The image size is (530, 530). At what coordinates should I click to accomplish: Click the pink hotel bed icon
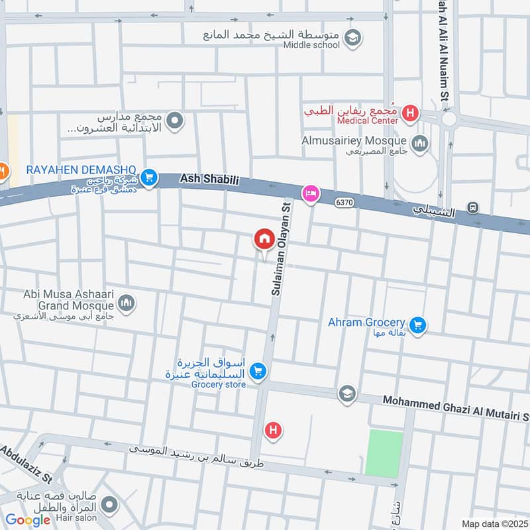(x=309, y=193)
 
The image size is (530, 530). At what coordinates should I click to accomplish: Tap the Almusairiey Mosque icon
(x=420, y=142)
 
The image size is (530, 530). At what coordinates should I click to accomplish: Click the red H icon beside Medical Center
(x=410, y=113)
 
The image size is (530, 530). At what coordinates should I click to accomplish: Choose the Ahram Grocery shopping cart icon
(x=417, y=325)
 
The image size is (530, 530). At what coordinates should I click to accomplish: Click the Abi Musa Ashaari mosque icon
(x=127, y=303)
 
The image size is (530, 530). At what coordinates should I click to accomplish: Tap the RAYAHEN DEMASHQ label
(x=81, y=170)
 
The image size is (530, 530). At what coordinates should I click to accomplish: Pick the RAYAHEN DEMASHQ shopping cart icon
(x=149, y=178)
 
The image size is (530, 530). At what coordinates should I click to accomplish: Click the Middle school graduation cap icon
(x=353, y=37)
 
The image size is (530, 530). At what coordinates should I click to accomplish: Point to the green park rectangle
(x=384, y=453)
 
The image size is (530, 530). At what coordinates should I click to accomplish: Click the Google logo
(x=28, y=520)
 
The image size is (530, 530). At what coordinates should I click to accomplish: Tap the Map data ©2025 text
(x=493, y=524)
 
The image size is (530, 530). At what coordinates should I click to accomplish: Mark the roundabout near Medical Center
(x=449, y=119)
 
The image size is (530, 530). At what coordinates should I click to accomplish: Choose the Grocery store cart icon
(x=258, y=372)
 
